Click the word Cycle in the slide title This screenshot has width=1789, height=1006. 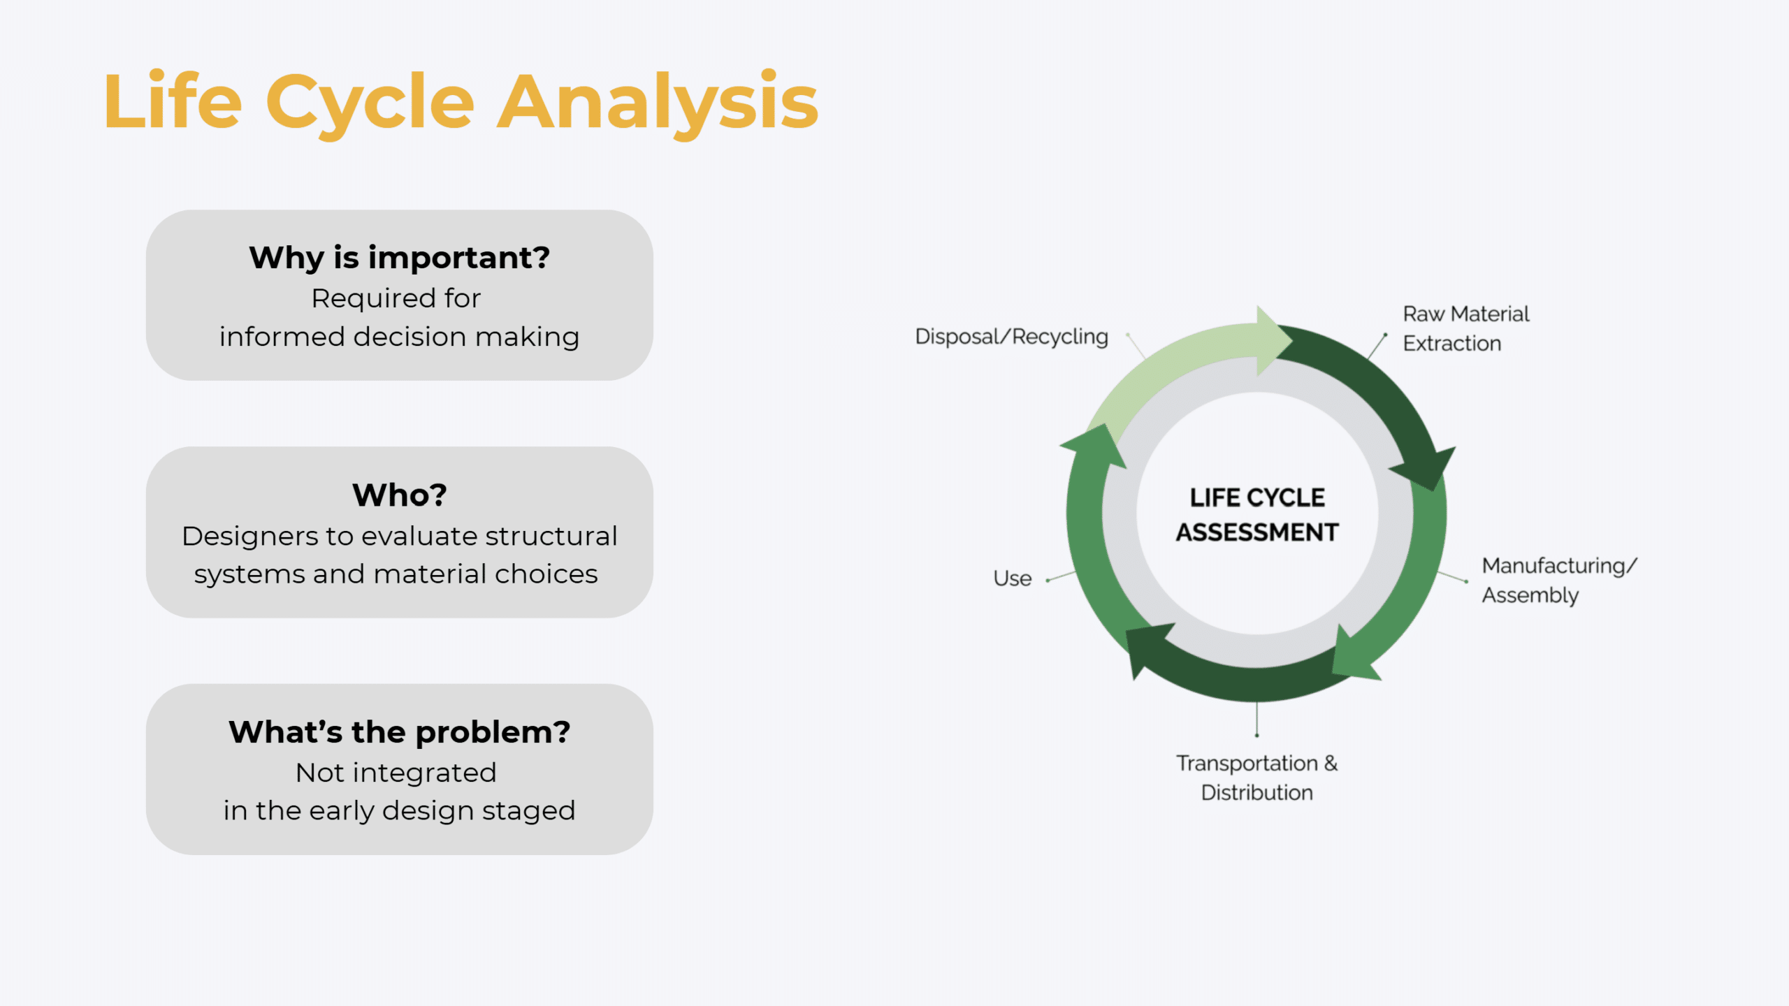370,103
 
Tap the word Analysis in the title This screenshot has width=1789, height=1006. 657,103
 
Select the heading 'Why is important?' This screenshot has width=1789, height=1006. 399,258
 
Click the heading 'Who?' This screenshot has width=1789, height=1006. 399,495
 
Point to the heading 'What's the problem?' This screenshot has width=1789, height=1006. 399,732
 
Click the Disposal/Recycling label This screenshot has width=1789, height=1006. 1011,337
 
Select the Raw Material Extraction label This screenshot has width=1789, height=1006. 1465,328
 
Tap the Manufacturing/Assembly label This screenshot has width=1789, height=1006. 1558,580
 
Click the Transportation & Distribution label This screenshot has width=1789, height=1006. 1256,778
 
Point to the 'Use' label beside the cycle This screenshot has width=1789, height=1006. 1012,578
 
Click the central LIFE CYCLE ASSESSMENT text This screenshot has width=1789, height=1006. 1256,515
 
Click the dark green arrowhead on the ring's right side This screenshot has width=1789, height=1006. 1426,468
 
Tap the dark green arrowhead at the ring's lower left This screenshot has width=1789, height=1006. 1146,646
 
